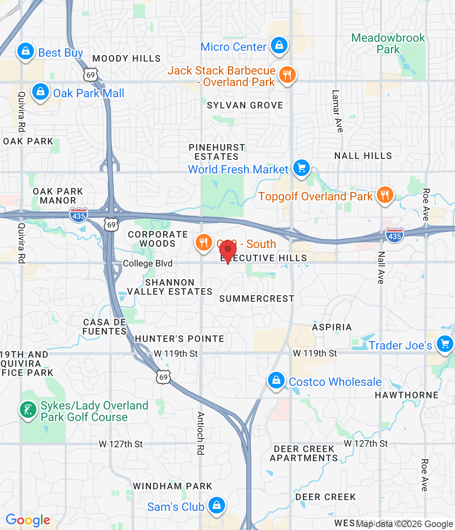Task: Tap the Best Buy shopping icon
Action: point(26,51)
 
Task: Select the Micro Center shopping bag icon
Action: point(279,45)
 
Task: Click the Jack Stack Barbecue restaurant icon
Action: point(287,75)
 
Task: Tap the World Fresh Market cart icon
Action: point(302,168)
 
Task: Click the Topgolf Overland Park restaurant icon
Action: point(385,195)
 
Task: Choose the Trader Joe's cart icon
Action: point(445,344)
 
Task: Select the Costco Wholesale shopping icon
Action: point(276,380)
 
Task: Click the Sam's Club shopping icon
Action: point(216,505)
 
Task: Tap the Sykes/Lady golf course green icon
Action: point(28,410)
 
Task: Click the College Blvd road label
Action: point(148,263)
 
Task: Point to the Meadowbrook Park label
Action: point(388,43)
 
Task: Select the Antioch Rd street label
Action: point(201,433)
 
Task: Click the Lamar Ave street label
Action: point(337,111)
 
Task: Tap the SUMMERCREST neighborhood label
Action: point(257,299)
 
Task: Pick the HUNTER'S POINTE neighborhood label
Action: point(180,339)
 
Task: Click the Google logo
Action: point(28,520)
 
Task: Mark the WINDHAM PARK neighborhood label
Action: point(172,486)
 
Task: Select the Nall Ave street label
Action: point(381,267)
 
